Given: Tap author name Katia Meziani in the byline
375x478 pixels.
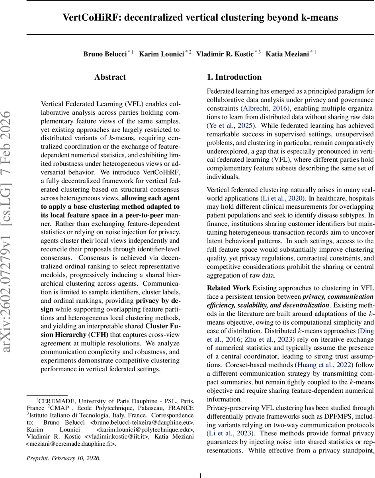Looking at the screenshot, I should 287,54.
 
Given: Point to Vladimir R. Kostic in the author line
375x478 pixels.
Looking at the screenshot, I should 225,54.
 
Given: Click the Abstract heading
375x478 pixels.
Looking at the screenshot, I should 110,77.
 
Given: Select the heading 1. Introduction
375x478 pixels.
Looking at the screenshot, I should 234,77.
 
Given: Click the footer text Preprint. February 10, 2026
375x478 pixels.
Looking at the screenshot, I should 64,458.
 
